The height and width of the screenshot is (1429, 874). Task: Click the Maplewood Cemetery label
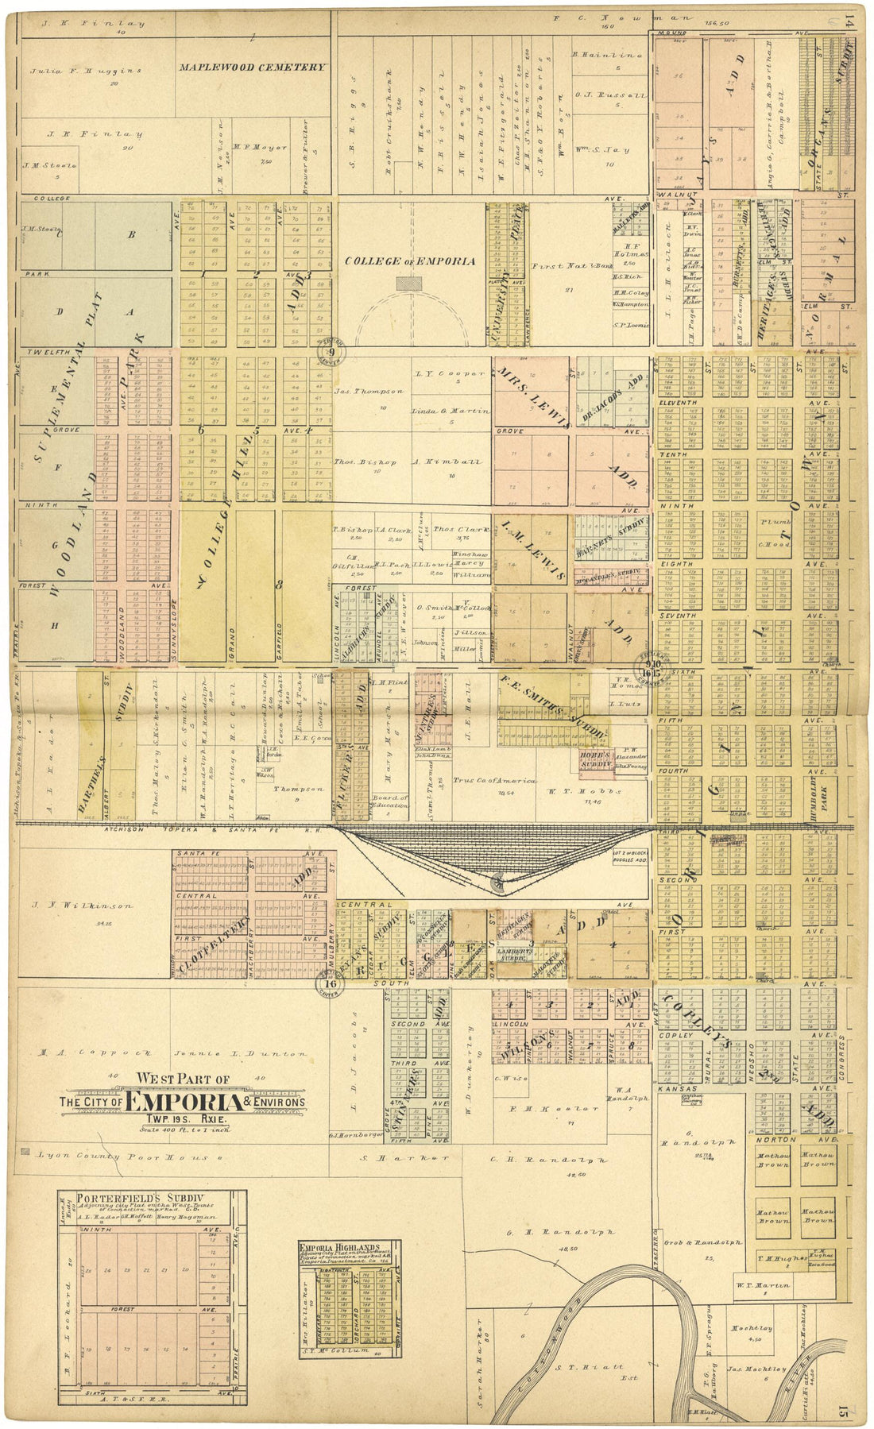click(252, 68)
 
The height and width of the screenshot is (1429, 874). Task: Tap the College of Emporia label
click(410, 261)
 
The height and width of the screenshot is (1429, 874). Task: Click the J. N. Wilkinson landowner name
click(82, 905)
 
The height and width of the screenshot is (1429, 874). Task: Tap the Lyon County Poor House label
click(120, 1157)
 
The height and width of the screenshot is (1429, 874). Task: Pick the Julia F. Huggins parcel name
click(86, 71)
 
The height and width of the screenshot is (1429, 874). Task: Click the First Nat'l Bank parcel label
click(567, 267)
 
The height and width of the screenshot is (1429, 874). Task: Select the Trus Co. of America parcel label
click(505, 781)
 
